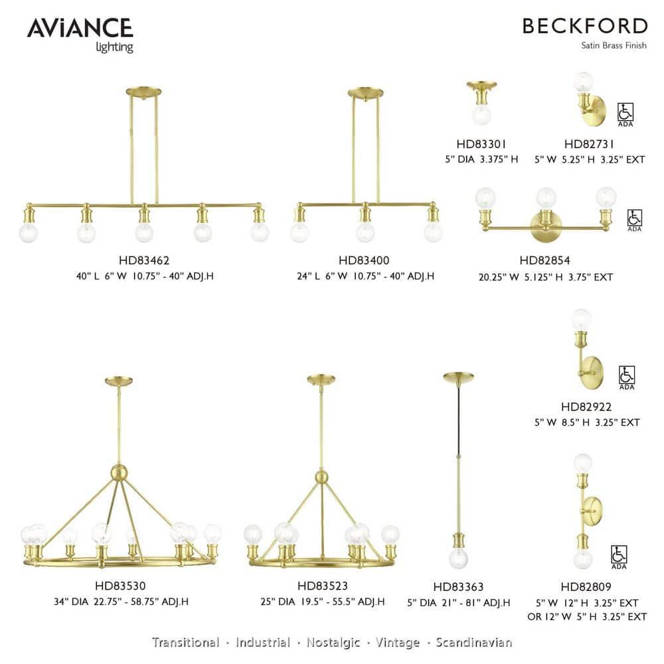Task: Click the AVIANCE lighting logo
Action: coord(80,33)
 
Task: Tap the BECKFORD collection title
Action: coord(584,27)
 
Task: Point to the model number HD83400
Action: coord(363,261)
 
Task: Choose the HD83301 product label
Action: coord(481,143)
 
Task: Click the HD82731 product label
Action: coord(589,143)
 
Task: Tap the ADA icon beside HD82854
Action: coord(635,220)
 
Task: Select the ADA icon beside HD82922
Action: coord(626,377)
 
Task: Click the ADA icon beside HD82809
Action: coord(619,556)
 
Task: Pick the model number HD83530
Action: coord(121,586)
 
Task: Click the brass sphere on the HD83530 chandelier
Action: coord(119,473)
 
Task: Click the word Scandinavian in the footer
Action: coord(474,642)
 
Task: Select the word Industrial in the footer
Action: coord(263,642)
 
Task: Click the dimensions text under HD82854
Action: coord(545,277)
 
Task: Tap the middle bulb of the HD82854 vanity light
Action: coord(546,197)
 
